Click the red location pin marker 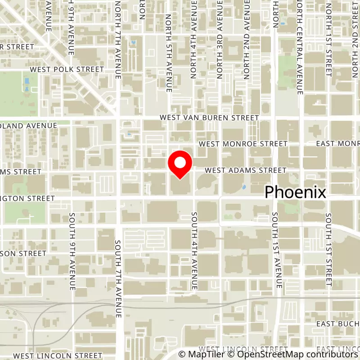click(180, 165)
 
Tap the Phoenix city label click(295, 192)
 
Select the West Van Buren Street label click(210, 118)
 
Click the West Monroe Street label click(243, 144)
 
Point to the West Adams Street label click(245, 171)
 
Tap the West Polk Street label click(67, 70)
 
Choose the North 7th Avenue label click(118, 40)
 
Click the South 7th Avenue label click(118, 279)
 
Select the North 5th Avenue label click(169, 53)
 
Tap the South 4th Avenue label click(194, 251)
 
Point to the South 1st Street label click(328, 250)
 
